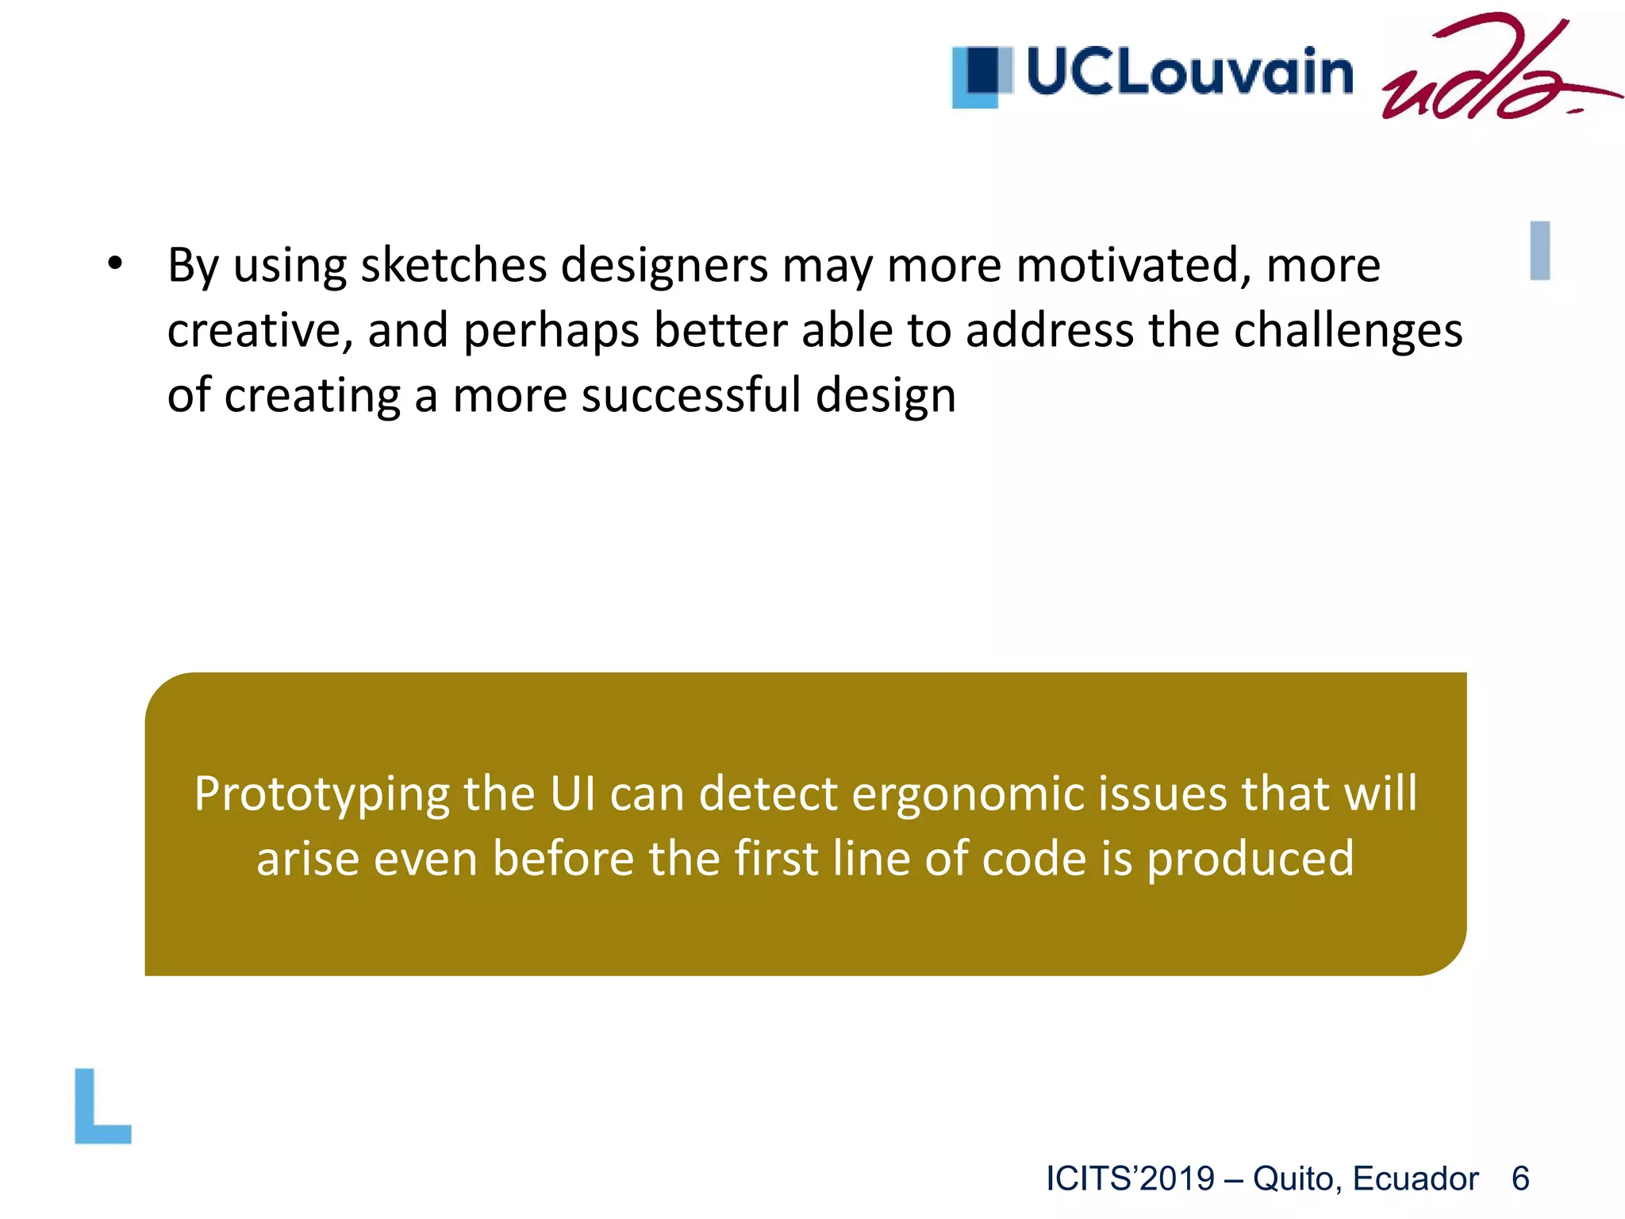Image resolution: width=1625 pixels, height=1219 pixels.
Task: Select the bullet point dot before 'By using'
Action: pos(116,264)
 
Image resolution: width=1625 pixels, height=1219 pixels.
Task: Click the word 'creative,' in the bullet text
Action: pos(259,331)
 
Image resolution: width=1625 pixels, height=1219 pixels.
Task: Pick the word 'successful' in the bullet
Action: pos(690,395)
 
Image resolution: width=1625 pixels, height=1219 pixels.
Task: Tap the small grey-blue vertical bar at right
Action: pos(1539,251)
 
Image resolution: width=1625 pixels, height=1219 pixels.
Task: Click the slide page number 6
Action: pos(1520,1179)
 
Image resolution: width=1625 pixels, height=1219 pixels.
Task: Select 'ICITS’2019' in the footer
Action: pos(1130,1179)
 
